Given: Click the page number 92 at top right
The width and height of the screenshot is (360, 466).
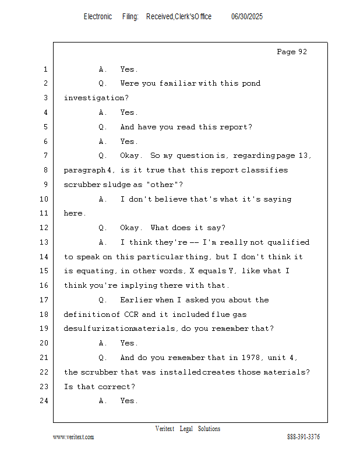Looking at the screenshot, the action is [x=303, y=52].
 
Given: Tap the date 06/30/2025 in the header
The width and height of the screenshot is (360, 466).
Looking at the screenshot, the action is [x=247, y=17].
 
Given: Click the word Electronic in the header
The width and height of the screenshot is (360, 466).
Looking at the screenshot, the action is [x=98, y=17].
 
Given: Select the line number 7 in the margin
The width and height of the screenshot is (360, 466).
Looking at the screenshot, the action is [x=45, y=156].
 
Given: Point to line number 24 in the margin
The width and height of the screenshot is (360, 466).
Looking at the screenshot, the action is [x=44, y=401].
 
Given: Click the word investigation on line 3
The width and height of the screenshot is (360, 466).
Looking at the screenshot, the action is [x=94, y=98].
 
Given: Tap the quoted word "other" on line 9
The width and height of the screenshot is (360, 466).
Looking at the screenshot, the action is [x=163, y=185].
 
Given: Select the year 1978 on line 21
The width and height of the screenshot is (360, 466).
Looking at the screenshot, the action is [x=251, y=357].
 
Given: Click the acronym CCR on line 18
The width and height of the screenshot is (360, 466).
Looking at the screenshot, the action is [x=131, y=314].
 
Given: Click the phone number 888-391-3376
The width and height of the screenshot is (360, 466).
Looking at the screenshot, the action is [x=303, y=437].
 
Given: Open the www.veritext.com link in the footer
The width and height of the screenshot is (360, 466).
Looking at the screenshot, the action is [x=73, y=437].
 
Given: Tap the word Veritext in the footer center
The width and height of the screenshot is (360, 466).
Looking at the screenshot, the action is [x=165, y=429].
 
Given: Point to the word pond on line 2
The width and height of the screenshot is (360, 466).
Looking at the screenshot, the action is [x=251, y=83].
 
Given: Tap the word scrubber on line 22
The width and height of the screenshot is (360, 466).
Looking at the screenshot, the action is [x=99, y=372].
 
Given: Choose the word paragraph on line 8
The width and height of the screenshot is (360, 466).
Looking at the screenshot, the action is [x=84, y=170].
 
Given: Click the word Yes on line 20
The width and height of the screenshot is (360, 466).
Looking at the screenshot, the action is [x=127, y=343].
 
